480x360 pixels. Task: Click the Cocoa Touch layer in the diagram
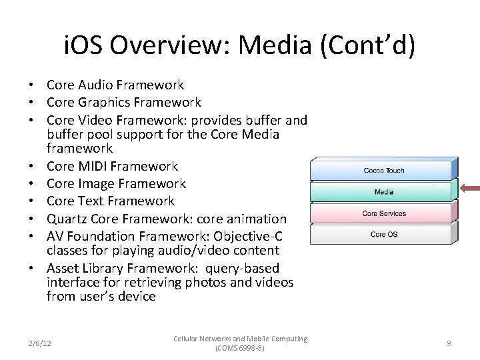click(x=383, y=171)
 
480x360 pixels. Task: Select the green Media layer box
click(x=383, y=192)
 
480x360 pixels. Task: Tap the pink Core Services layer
click(x=383, y=213)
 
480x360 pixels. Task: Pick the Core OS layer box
click(x=383, y=235)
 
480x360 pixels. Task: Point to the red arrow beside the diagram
click(x=471, y=189)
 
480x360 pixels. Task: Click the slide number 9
click(x=449, y=343)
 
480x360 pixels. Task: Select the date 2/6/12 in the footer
click(x=39, y=343)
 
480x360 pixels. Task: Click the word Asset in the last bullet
click(x=64, y=268)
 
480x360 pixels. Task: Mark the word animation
click(x=256, y=219)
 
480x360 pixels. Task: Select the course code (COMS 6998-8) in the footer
click(x=240, y=348)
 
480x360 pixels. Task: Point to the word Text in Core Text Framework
click(x=92, y=201)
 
